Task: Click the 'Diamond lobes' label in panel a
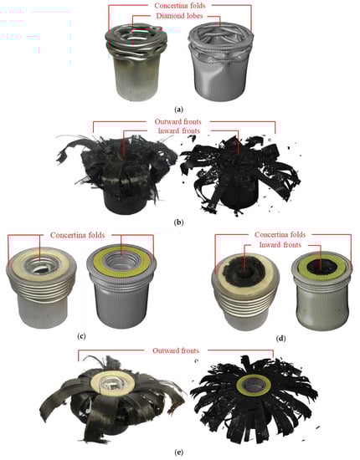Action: [179, 16]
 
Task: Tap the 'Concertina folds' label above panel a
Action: [180, 5]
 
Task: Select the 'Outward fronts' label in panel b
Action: [178, 121]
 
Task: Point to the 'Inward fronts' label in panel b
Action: [179, 130]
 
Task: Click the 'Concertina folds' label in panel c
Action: [78, 235]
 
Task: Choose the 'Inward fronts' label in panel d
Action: [280, 245]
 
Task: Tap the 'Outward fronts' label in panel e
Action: [176, 350]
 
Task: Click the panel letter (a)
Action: [178, 110]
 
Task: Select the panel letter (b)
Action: [178, 222]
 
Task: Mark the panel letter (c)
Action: [81, 336]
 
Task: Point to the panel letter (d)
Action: [281, 338]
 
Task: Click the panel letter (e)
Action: [178, 452]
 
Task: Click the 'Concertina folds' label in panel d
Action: [280, 235]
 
